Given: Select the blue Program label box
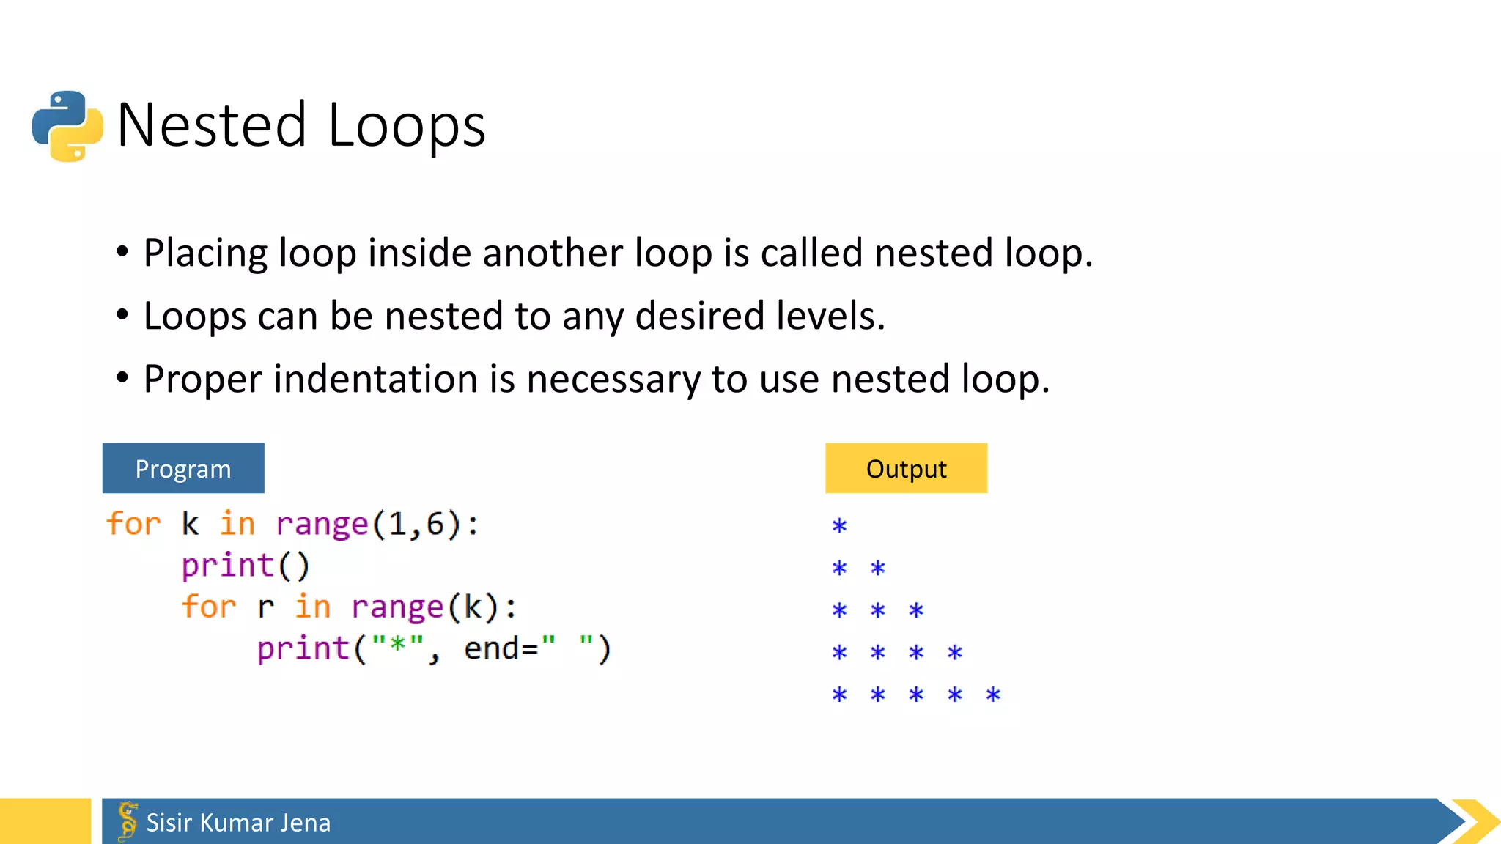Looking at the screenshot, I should pos(183,468).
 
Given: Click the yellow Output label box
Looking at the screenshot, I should pos(906,468).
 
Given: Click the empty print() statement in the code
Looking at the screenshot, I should pos(246,566).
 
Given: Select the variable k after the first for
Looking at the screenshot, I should pos(190,524).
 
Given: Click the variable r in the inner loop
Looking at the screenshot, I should pos(265,607).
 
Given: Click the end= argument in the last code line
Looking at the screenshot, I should pos(501,649).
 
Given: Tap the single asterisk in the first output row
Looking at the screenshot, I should pos(839,526).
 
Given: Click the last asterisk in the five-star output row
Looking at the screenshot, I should pos(993,695).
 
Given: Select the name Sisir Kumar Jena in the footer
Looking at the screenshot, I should pos(238,823).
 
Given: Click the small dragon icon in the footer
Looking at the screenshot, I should pos(128,821).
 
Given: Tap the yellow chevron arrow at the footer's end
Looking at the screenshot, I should pos(1476,821).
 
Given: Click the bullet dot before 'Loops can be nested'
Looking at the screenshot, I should pos(122,316).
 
